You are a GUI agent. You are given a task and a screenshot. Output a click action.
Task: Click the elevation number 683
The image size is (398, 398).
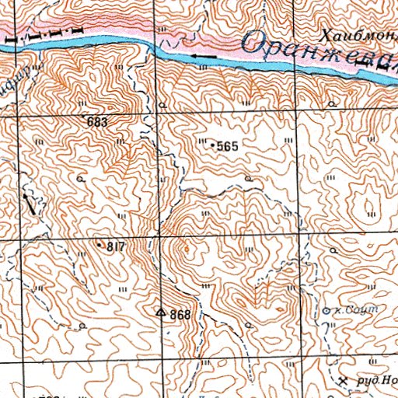pos(98,122)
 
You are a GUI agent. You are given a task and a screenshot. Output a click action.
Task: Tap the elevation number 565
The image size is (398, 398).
pos(227,146)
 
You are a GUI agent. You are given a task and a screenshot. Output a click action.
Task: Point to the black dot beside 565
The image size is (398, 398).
pos(213,145)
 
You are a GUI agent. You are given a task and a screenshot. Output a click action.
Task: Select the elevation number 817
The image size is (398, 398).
pos(116,246)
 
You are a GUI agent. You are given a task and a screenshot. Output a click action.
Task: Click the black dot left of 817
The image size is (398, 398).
pos(100,245)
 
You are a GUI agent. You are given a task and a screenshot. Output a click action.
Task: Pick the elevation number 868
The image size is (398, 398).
pos(180,314)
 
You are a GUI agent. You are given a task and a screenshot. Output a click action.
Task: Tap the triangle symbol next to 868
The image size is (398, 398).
pos(161,312)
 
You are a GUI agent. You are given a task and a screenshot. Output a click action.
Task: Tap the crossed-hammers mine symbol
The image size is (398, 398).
pos(344,381)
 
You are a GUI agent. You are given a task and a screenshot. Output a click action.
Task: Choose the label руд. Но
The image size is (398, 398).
pos(376,381)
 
